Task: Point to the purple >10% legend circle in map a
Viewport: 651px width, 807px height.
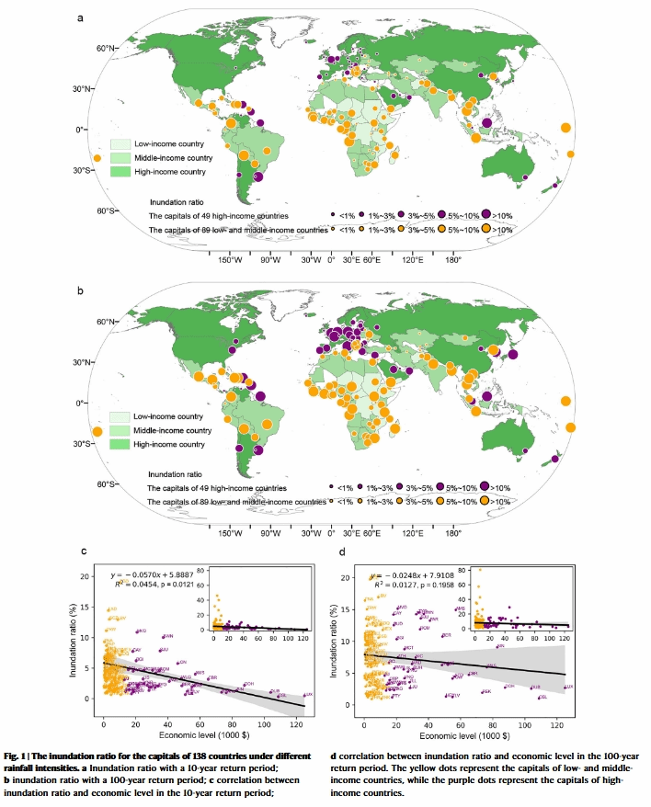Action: [x=484, y=214]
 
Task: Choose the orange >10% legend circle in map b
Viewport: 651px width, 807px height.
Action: [x=485, y=501]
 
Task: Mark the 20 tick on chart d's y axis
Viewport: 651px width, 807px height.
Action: [x=347, y=577]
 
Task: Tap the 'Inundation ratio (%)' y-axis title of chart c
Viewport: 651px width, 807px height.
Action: [x=73, y=640]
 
